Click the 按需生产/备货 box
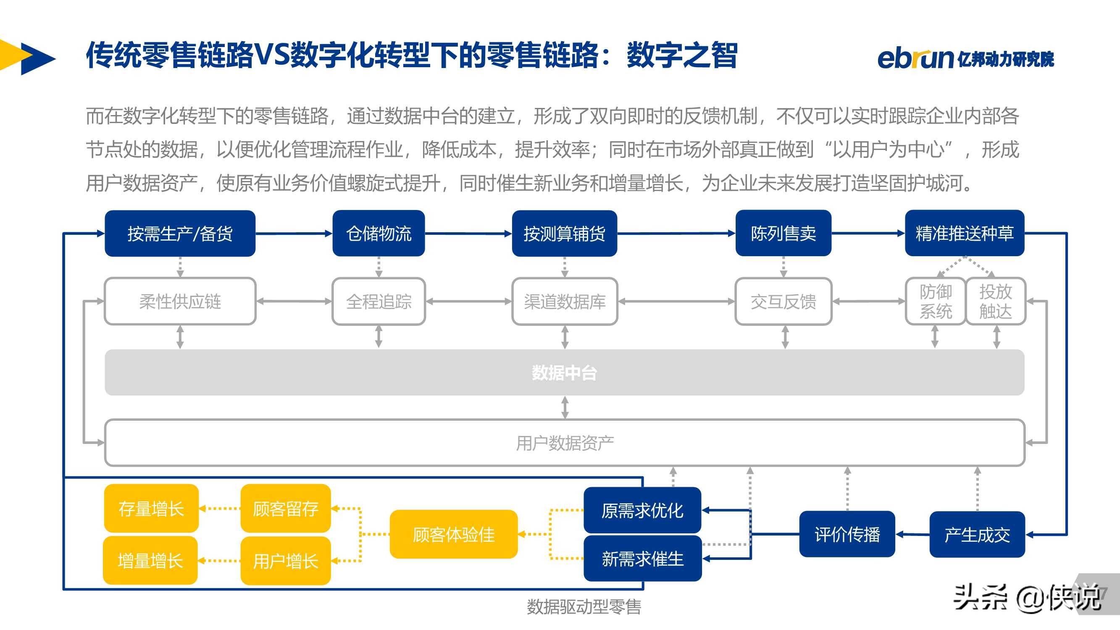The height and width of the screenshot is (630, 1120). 180,234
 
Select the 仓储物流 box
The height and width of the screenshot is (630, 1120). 379,234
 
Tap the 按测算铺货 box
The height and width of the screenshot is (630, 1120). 564,234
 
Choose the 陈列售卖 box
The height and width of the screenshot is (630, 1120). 783,234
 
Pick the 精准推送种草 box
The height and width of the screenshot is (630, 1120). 965,234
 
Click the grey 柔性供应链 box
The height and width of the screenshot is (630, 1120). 180,301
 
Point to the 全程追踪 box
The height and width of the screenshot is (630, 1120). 379,301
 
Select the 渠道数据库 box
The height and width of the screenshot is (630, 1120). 565,301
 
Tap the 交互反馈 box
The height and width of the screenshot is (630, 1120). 783,301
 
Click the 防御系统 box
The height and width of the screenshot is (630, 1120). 936,301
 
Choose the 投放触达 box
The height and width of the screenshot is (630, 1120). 996,301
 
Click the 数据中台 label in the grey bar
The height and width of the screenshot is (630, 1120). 564,373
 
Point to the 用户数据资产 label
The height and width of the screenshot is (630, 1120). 565,443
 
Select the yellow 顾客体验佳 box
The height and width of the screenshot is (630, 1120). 453,534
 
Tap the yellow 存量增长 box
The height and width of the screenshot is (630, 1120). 151,508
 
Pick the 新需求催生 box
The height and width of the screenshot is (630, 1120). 643,559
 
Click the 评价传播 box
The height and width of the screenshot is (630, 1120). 847,534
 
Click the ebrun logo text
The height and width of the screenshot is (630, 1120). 915,59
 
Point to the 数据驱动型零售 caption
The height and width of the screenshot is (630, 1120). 584,607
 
